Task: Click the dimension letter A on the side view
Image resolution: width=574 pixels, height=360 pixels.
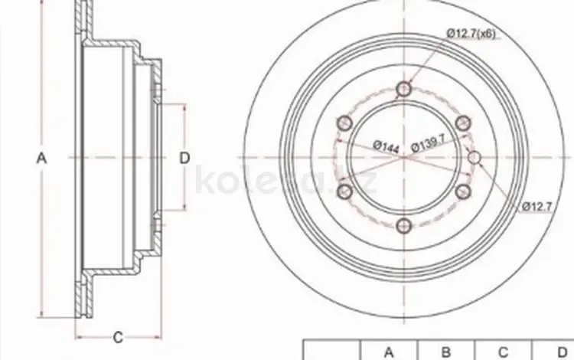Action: [42, 159]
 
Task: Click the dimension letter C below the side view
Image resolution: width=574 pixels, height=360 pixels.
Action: [118, 337]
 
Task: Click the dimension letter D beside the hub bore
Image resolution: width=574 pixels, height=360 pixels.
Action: [185, 159]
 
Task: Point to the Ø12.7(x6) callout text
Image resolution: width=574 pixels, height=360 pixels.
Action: [471, 34]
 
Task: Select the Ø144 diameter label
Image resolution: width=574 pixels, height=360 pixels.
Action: [386, 146]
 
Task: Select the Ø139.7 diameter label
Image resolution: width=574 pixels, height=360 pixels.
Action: [429, 142]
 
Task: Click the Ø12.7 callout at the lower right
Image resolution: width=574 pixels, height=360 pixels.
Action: [536, 206]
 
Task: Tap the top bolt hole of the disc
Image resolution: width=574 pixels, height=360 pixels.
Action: [404, 89]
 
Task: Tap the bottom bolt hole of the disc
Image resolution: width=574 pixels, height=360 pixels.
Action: [404, 226]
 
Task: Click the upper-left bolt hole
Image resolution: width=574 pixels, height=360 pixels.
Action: [345, 123]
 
